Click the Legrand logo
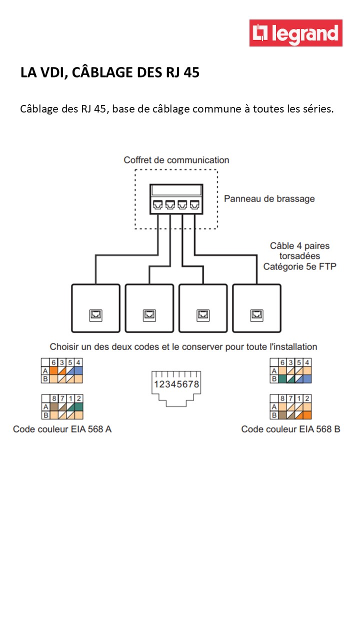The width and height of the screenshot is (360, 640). point(295,33)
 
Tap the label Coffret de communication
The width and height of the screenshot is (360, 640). point(176,160)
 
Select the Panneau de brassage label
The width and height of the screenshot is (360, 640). point(269,198)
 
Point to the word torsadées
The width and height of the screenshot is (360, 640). point(299,256)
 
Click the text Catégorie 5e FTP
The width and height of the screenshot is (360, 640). point(299,266)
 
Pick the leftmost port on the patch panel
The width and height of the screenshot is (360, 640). point(157,204)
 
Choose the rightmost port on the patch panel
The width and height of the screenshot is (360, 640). point(194,204)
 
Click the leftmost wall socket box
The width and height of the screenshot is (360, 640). point(95,308)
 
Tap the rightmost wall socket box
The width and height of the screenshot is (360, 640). point(256,308)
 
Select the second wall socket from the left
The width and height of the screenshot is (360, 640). point(149,308)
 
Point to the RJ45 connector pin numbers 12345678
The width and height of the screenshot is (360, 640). point(177,384)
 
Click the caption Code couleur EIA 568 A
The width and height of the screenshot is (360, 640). point(62,429)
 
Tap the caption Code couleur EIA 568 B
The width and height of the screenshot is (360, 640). point(290,429)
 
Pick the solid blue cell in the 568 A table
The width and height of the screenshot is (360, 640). point(78,371)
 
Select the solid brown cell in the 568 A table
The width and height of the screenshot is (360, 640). point(54,407)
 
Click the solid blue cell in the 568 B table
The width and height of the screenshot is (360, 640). point(307,379)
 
